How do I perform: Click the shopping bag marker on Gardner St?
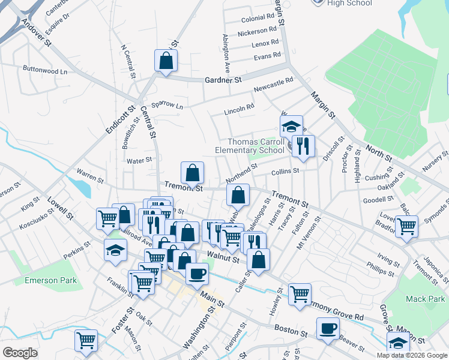coord(166,61)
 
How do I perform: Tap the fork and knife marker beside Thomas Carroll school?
coord(303,146)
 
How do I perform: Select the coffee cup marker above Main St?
coord(197,274)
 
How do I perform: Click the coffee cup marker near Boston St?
coord(328,329)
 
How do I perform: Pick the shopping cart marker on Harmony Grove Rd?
coord(300,295)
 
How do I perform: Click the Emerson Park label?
coord(50,280)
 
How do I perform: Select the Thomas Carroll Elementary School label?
coord(250,146)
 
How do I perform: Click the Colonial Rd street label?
coord(258,19)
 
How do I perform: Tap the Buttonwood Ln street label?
coord(45,70)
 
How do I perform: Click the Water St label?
coord(139,160)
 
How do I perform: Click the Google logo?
coord(20,352)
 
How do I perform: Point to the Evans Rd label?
coord(267,56)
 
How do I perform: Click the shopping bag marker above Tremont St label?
coord(192,173)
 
